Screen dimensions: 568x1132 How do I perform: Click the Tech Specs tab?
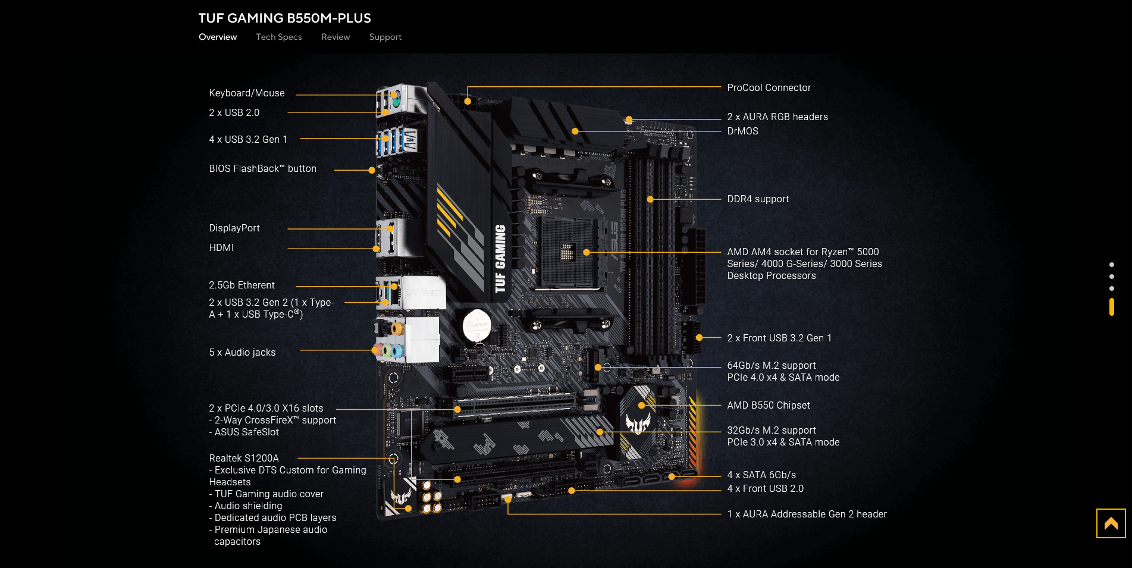(278, 37)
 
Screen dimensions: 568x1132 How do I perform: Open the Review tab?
(335, 37)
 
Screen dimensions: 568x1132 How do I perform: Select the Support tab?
(385, 37)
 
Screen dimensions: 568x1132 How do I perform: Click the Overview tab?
(218, 37)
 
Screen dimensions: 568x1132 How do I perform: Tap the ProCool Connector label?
(769, 87)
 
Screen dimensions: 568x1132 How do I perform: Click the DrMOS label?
(742, 131)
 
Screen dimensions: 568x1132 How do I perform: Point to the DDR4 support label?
(758, 199)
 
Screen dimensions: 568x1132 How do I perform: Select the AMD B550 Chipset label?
(768, 405)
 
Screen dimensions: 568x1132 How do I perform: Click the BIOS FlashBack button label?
(262, 168)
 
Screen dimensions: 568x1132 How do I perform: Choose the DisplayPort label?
(234, 228)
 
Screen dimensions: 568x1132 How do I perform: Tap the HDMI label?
(221, 247)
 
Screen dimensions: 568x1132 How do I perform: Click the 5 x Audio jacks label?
(242, 352)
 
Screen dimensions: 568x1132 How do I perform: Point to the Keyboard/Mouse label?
(247, 93)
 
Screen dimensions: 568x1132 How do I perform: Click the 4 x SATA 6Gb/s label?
(761, 475)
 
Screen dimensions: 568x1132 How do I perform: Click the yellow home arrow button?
(1111, 523)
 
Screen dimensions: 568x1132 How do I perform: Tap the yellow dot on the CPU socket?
(587, 252)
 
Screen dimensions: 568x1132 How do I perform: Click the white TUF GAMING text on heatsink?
(500, 259)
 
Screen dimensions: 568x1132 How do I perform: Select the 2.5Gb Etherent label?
(242, 285)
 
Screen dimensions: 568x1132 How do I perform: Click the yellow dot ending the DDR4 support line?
(650, 199)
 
